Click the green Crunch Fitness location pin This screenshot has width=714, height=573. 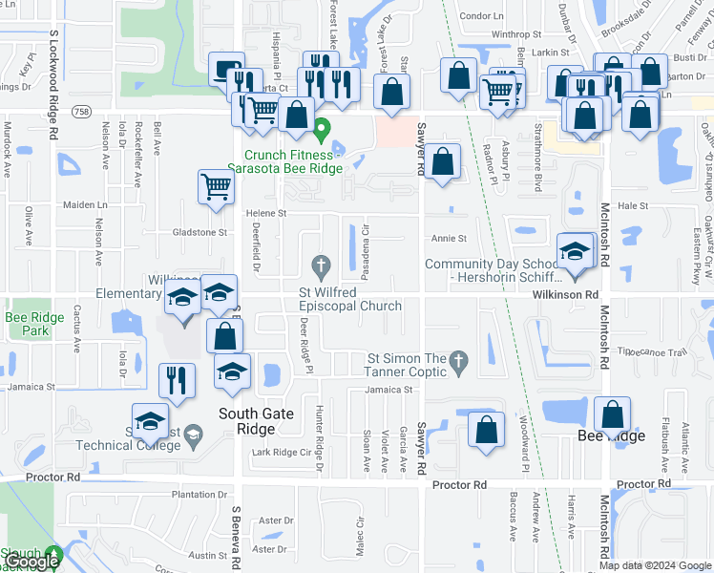click(322, 127)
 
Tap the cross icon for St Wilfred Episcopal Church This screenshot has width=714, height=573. click(322, 264)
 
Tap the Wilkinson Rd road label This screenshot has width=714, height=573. click(565, 295)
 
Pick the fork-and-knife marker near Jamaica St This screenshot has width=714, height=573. click(177, 379)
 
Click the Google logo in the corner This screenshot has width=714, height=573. click(31, 562)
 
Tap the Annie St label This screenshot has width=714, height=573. click(449, 239)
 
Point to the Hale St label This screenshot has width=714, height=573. click(633, 205)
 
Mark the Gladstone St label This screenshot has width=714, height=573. click(199, 231)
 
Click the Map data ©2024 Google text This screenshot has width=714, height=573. click(655, 565)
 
